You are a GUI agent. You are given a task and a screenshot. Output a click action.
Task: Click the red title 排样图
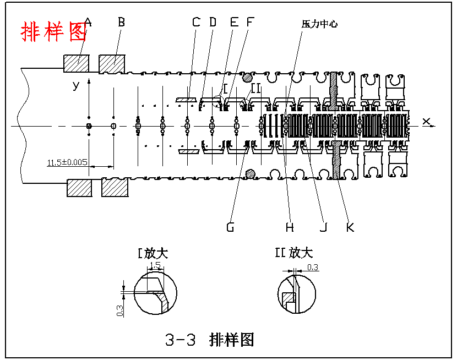click(x=53, y=32)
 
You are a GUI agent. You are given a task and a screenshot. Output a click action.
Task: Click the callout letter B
click(x=122, y=23)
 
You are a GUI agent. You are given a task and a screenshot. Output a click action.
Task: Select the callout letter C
click(x=196, y=23)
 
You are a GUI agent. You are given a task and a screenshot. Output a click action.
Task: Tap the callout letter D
click(x=213, y=23)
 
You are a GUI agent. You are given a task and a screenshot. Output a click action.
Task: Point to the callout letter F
click(x=251, y=23)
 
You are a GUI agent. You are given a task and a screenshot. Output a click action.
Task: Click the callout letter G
click(x=231, y=227)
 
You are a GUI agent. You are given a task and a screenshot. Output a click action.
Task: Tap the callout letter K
click(x=350, y=227)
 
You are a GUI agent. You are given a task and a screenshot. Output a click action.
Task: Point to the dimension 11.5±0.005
click(x=67, y=162)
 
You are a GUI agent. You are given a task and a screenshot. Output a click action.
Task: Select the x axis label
click(x=426, y=121)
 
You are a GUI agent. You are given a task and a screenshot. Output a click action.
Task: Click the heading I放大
click(x=153, y=254)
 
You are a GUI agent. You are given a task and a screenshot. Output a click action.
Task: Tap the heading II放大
click(x=293, y=253)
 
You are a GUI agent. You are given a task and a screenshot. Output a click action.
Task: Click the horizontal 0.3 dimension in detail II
click(x=312, y=268)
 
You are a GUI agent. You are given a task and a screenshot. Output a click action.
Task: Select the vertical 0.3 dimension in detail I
click(x=120, y=310)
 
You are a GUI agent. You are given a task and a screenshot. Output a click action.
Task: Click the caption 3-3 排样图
click(x=210, y=340)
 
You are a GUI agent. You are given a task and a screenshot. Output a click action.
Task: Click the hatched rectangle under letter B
click(x=112, y=63)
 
